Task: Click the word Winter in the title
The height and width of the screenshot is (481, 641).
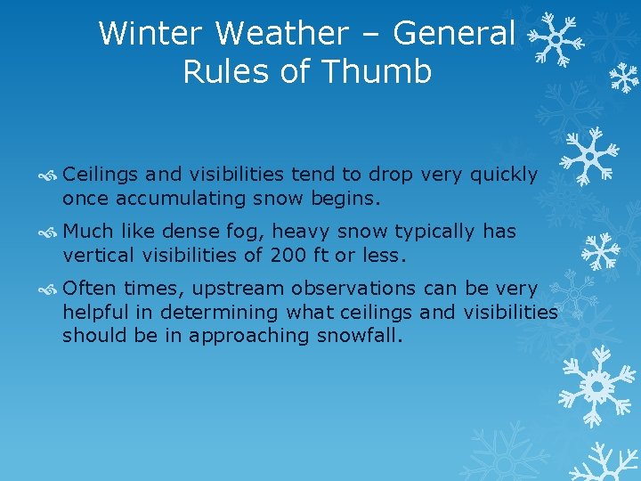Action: click(151, 34)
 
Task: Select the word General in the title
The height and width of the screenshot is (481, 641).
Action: click(454, 34)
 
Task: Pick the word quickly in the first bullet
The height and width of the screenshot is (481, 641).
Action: click(506, 175)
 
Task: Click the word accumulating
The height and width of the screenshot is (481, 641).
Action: click(200, 196)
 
